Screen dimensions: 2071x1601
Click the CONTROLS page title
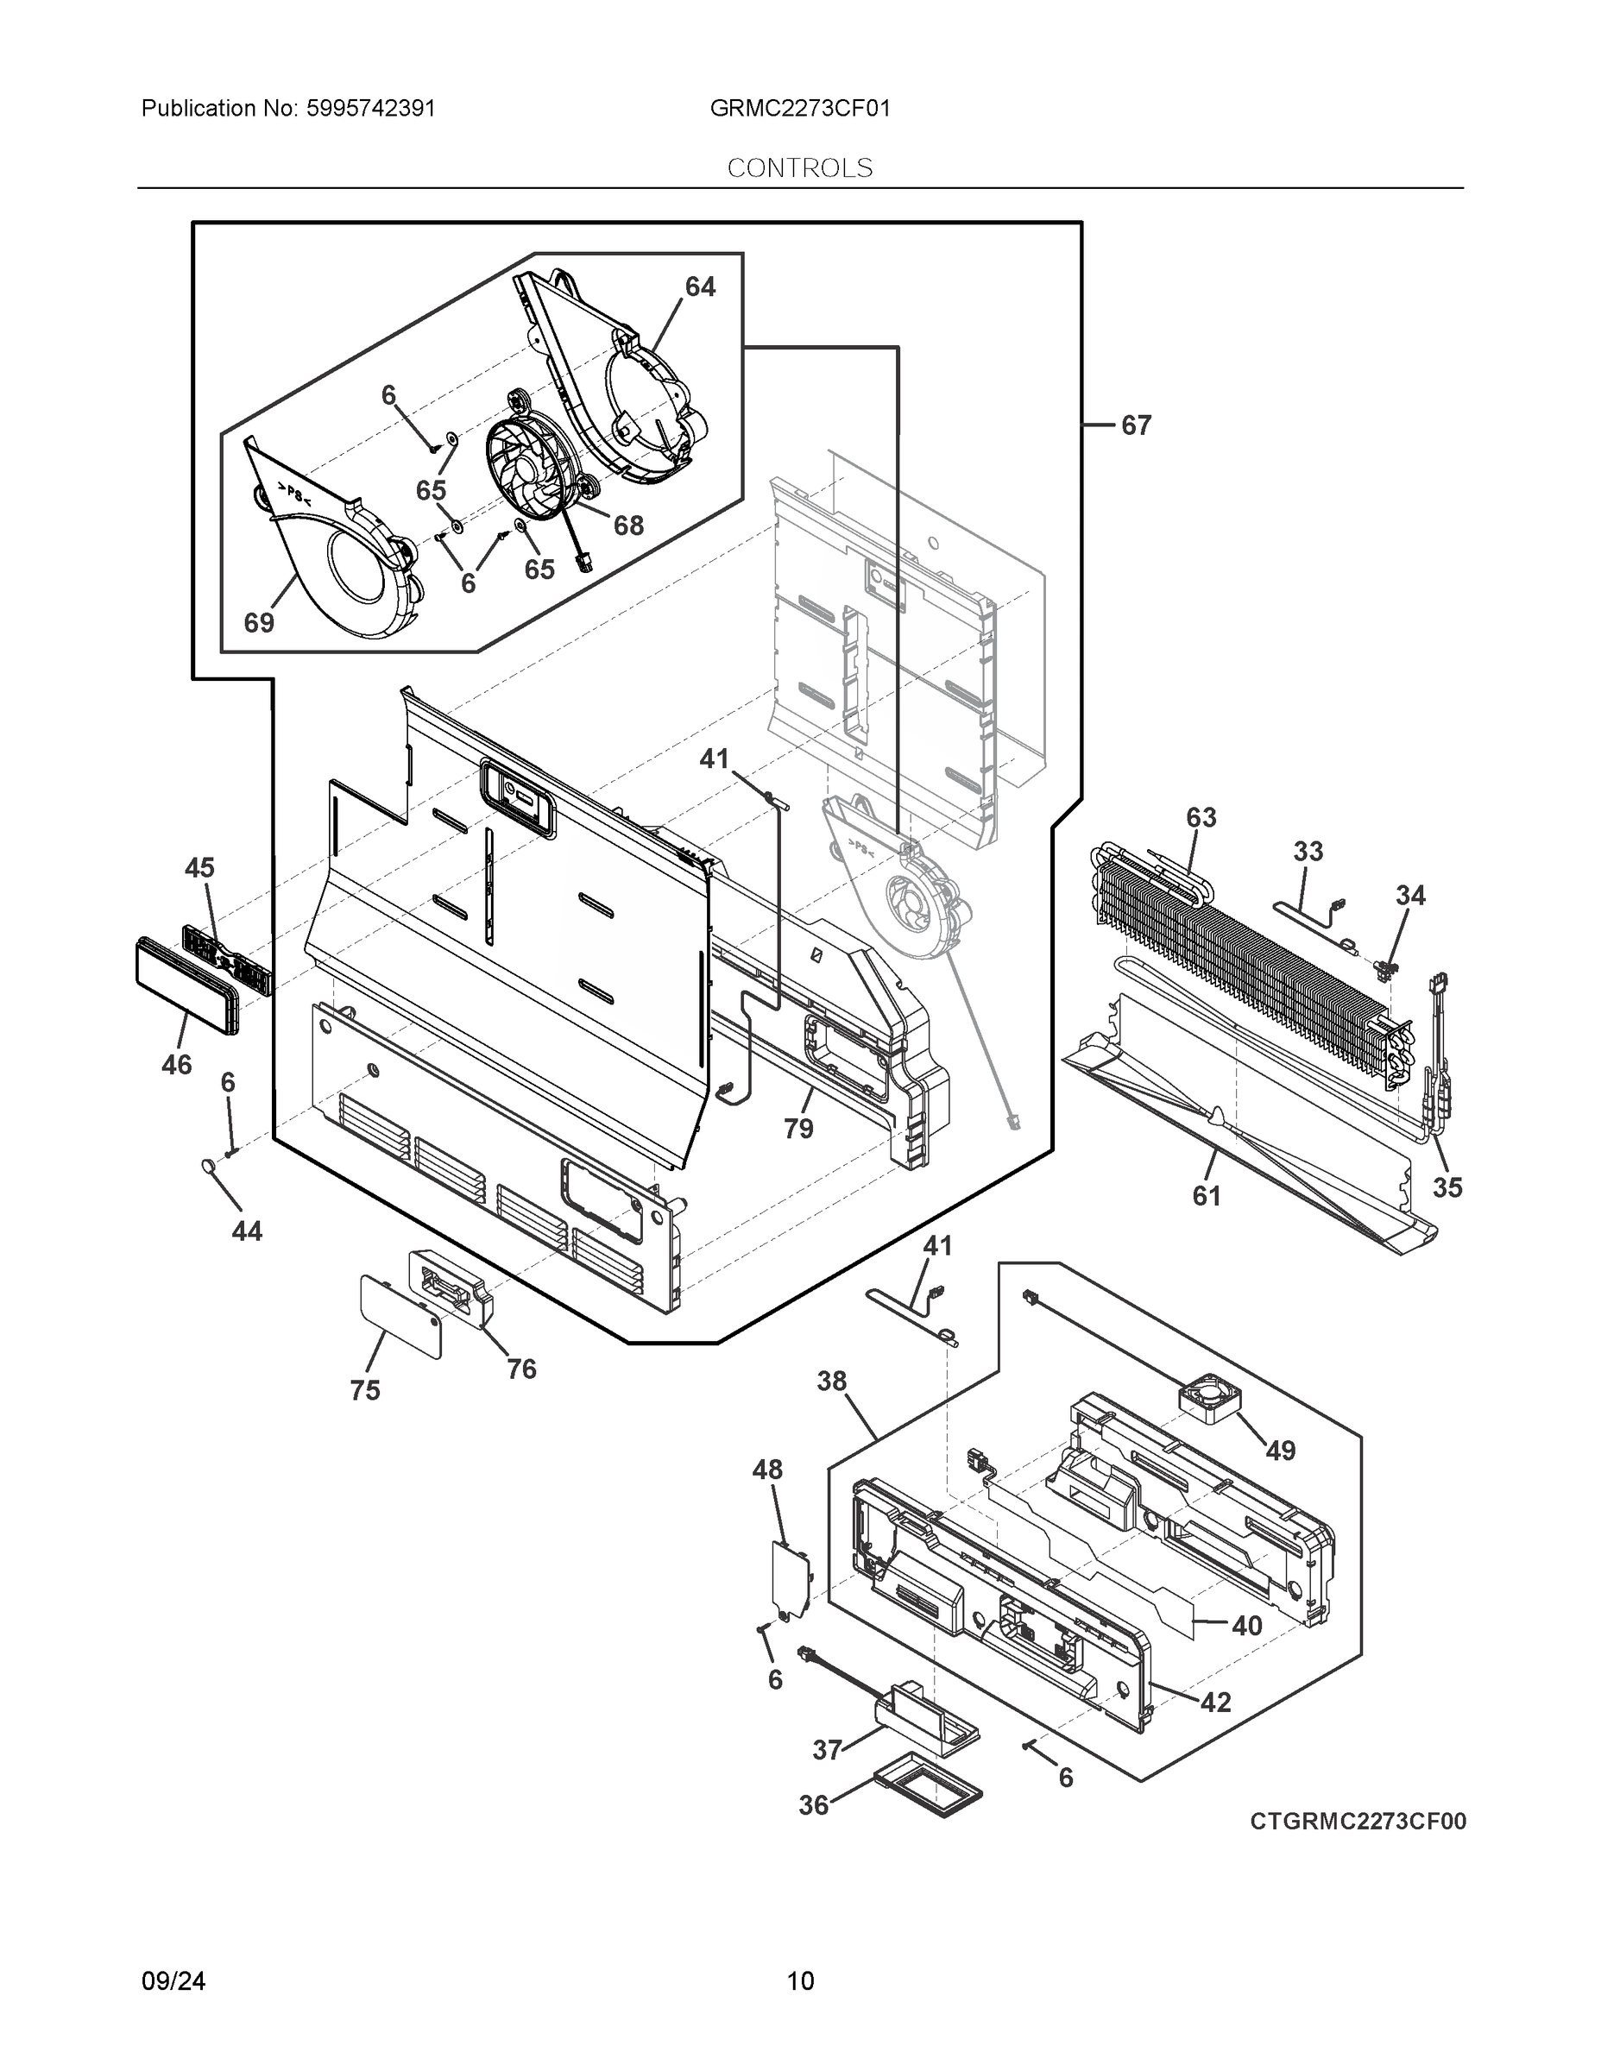tap(799, 168)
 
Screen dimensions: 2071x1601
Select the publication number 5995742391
tap(371, 108)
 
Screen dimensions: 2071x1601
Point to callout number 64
tap(700, 286)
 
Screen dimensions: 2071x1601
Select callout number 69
tap(259, 623)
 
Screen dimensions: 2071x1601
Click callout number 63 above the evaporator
tap(1201, 817)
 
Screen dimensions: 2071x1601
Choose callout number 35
tap(1447, 1187)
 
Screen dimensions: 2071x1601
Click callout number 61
tap(1206, 1197)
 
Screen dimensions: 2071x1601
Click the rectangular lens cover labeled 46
tap(186, 986)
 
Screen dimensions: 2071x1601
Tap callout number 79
tap(798, 1129)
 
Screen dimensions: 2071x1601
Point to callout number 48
tap(767, 1470)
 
